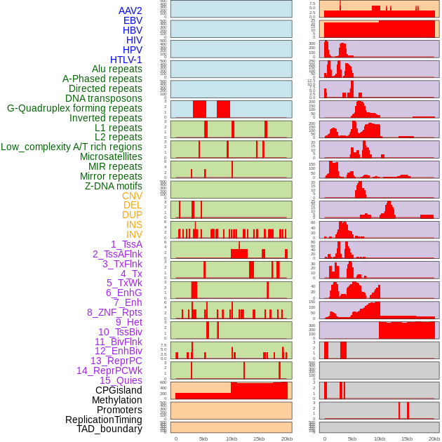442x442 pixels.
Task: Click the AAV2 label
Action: pos(130,11)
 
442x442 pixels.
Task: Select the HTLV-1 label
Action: pos(126,60)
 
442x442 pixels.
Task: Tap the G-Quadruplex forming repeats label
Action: pos(74,108)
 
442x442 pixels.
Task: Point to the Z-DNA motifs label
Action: pos(113,186)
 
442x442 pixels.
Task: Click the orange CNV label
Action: pos(132,196)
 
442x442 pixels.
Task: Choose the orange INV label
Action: pos(134,234)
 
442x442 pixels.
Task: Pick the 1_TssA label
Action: pos(126,244)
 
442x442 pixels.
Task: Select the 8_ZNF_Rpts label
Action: pos(114,312)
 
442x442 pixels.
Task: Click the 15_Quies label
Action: pos(121,380)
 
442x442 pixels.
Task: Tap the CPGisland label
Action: pos(119,390)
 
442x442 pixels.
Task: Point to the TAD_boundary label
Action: pos(109,429)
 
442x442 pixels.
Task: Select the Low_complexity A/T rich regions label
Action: pos(72,147)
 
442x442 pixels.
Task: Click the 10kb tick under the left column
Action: pos(232,438)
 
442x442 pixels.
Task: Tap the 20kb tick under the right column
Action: pos(434,438)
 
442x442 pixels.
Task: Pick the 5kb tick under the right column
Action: pos(351,438)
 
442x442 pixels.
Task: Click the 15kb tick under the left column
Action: pos(259,438)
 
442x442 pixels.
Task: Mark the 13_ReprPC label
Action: pos(116,361)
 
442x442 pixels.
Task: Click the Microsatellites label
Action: pos(111,156)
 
